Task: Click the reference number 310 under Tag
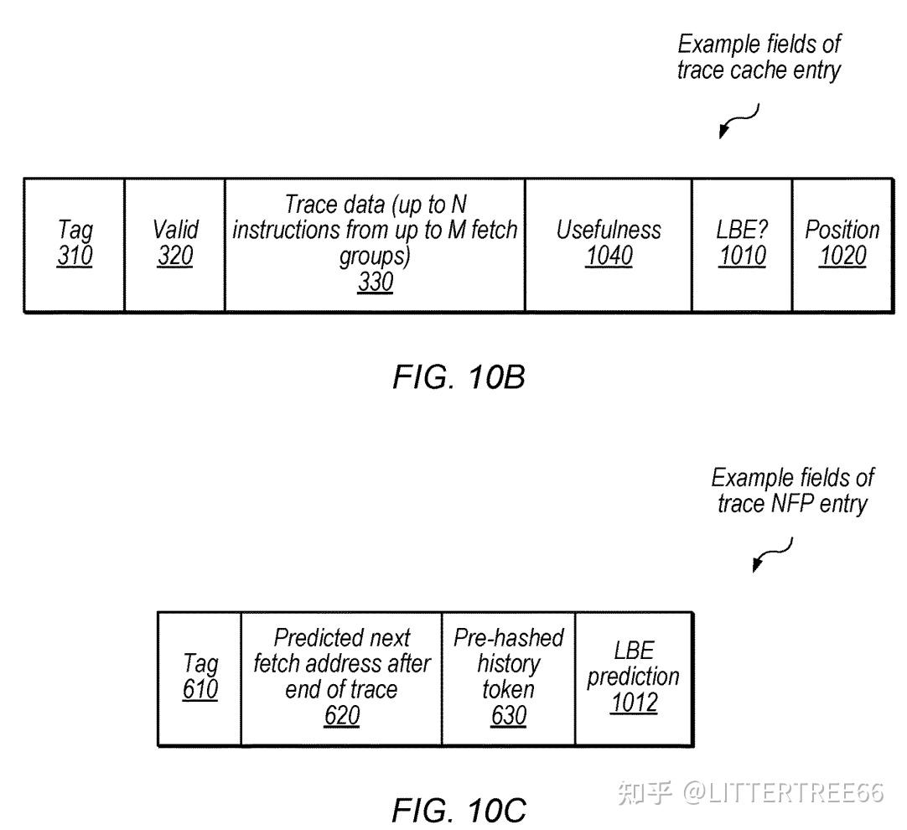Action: [x=75, y=256]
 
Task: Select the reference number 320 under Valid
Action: [x=174, y=256]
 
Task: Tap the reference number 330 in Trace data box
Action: [x=375, y=282]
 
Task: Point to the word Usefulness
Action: [x=609, y=230]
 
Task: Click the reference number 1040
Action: [x=609, y=256]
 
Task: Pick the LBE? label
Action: [x=742, y=230]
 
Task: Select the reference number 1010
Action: [x=742, y=256]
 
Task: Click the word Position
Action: [x=842, y=230]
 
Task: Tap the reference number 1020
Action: [x=842, y=256]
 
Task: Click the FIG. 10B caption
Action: [x=459, y=377]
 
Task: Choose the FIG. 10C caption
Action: [x=459, y=810]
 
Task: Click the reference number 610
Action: [x=200, y=689]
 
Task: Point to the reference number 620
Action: [x=342, y=715]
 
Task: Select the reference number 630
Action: [x=509, y=715]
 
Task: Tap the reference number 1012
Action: [x=634, y=703]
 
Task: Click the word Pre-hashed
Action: [x=509, y=637]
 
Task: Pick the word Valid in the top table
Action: [x=175, y=230]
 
